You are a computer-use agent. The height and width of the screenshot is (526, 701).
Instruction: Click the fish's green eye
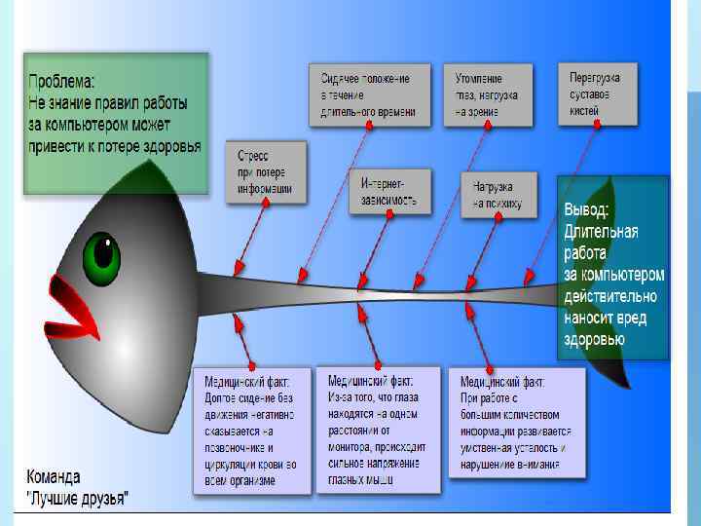coord(101,257)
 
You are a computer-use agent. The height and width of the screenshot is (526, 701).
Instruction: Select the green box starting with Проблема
coord(116,123)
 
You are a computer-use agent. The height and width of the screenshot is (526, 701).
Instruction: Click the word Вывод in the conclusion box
coord(587,210)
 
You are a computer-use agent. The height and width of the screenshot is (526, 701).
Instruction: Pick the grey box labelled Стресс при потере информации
coord(265,172)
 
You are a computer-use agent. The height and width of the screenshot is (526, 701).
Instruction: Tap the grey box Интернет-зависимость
coord(388,192)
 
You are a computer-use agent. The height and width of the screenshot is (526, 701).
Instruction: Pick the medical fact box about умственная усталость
coord(516,421)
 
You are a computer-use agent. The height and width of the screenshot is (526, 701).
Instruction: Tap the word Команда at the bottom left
coord(54,478)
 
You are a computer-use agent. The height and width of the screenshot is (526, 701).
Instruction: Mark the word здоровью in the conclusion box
coord(594,339)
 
